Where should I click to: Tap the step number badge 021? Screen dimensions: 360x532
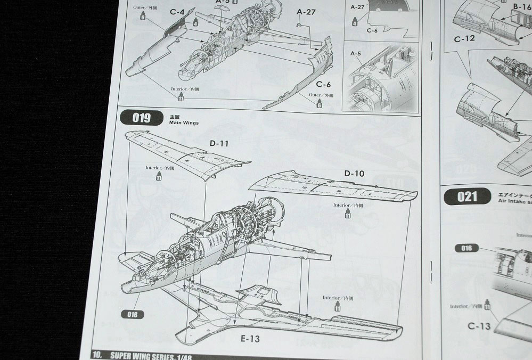point(467,197)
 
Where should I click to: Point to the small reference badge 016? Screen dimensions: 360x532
point(468,248)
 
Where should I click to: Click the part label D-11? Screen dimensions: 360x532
point(217,143)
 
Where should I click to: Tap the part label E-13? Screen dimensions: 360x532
point(250,339)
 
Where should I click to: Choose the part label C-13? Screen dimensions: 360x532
point(479,326)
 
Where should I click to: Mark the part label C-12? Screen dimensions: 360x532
point(464,38)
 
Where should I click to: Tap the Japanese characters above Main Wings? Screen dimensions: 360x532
point(171,116)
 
